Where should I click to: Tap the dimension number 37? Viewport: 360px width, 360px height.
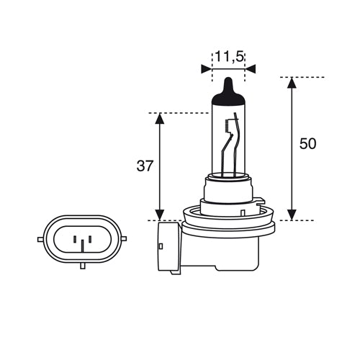click(x=145, y=166)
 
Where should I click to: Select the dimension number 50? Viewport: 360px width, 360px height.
click(x=307, y=144)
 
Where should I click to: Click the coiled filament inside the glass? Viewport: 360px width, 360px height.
click(x=229, y=127)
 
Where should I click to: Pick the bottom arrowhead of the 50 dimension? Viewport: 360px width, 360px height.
click(x=292, y=214)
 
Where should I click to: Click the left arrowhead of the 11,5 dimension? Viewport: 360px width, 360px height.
click(x=207, y=68)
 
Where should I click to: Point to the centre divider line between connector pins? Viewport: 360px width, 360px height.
click(x=83, y=243)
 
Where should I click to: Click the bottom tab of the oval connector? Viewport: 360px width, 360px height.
click(x=83, y=266)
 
